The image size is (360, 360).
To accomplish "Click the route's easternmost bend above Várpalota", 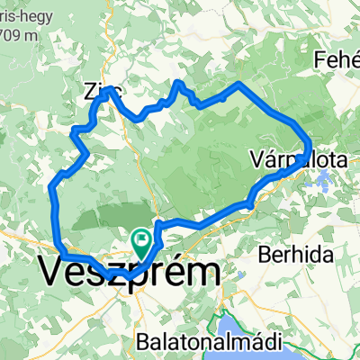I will click(x=309, y=144).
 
